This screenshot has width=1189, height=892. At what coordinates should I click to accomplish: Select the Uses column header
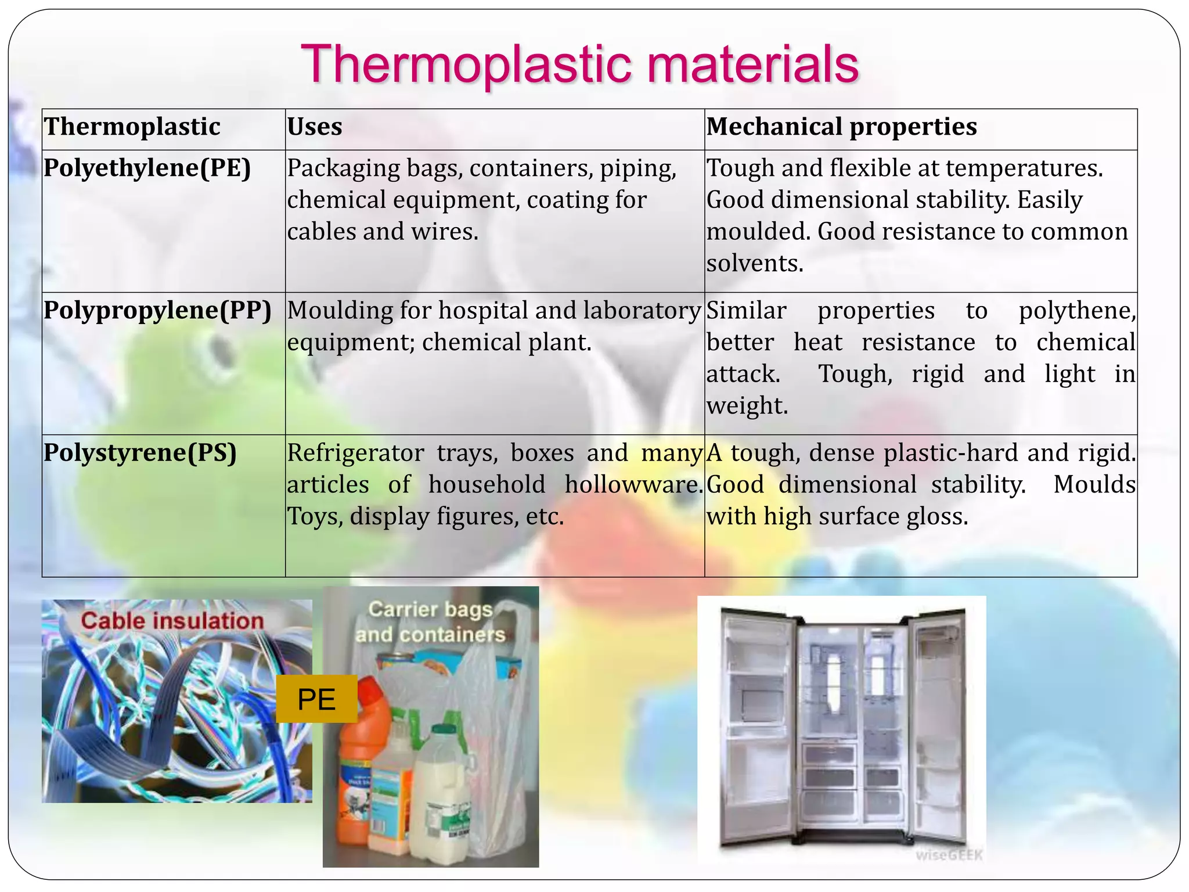315,127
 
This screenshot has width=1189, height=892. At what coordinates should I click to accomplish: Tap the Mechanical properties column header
841,127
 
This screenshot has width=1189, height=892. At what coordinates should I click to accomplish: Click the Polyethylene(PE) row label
147,168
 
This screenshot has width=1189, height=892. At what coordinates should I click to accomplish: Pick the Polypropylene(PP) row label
157,310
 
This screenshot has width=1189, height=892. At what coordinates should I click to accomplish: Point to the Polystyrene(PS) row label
140,452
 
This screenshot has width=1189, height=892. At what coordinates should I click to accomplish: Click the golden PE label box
316,699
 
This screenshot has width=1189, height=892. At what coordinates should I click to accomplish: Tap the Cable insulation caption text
172,620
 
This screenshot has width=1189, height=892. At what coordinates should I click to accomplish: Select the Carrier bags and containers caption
430,622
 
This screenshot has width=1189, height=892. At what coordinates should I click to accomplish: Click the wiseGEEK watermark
949,855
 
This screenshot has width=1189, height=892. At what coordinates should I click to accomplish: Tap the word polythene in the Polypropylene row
1077,311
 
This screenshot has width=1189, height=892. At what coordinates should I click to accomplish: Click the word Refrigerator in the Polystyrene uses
355,452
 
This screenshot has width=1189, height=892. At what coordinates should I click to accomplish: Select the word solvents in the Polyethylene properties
754,264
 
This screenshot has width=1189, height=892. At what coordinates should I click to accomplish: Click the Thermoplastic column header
132,127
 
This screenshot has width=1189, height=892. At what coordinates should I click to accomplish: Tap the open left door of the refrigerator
755,726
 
